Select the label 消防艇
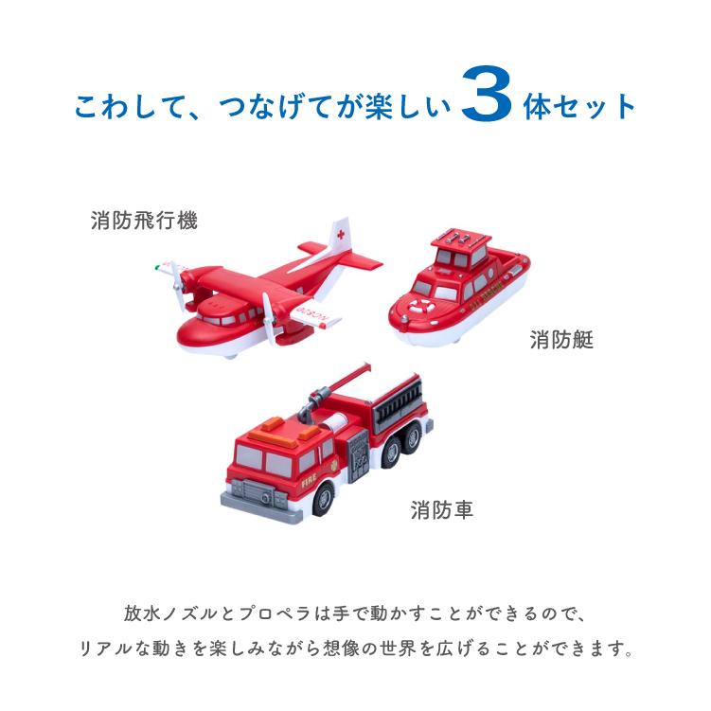(x=561, y=340)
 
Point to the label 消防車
(x=442, y=511)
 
